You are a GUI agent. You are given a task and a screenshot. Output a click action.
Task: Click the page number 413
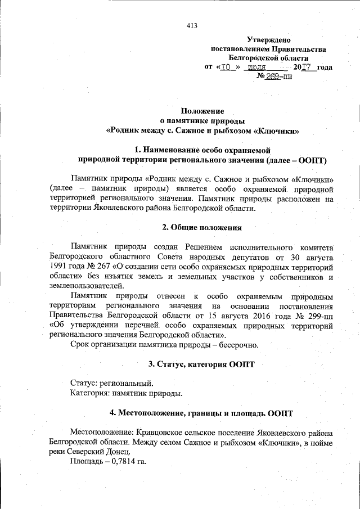click(x=192, y=25)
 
